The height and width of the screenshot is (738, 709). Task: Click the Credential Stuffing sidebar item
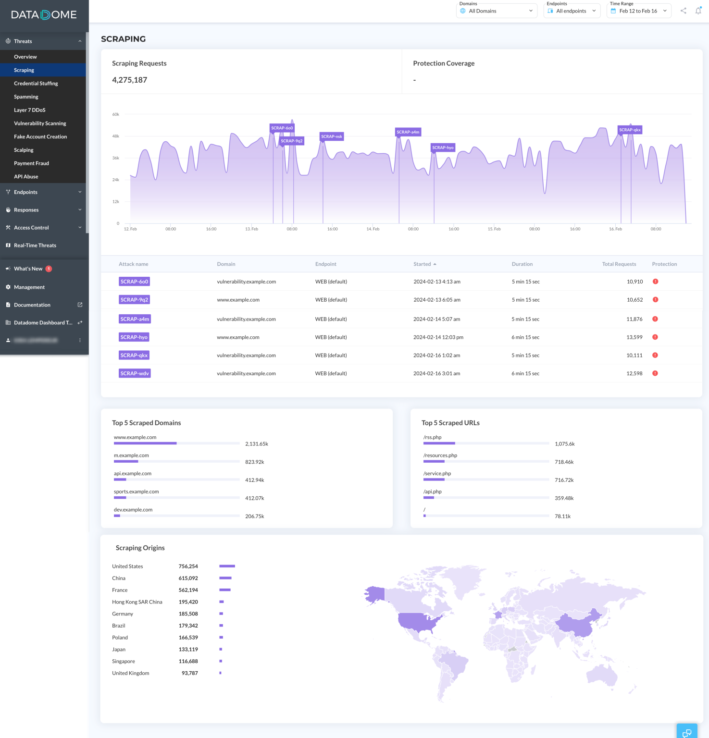point(36,84)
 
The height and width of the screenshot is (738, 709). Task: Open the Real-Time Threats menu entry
point(35,246)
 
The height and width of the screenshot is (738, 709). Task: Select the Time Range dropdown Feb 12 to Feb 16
point(638,11)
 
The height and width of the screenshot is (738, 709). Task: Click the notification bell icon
point(698,11)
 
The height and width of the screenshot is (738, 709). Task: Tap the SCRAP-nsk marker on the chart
point(332,136)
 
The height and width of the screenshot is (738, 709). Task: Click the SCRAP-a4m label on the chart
point(408,132)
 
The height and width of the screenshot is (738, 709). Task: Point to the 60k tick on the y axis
point(115,114)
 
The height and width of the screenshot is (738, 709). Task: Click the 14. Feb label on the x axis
point(373,229)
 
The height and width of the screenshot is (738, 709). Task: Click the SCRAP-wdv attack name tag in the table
point(135,373)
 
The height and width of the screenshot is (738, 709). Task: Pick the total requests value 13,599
point(634,337)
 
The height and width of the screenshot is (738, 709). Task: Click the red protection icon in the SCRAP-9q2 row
point(655,300)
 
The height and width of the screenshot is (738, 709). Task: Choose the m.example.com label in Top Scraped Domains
point(131,455)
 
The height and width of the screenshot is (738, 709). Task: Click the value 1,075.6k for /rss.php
point(564,444)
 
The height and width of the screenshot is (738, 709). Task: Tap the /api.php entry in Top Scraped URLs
point(432,492)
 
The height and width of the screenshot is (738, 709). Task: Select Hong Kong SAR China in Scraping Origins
point(137,602)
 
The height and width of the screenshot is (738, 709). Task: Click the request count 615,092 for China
point(188,578)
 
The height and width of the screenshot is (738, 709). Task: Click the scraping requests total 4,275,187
point(129,80)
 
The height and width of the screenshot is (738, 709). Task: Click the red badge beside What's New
point(49,269)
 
